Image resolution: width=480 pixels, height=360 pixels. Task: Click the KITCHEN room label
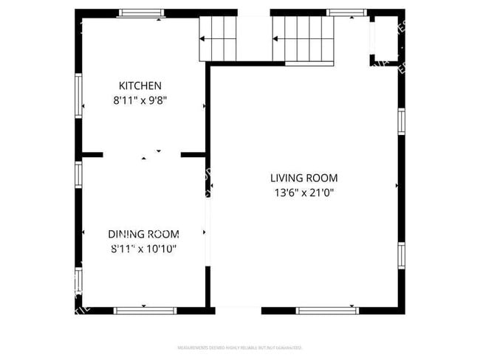(x=140, y=86)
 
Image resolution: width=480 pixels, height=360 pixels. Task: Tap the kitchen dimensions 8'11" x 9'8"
(x=140, y=102)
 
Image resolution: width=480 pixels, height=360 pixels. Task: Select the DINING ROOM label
(x=143, y=234)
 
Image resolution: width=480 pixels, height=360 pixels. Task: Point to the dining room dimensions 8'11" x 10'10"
(x=143, y=249)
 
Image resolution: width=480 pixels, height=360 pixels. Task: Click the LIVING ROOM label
(x=304, y=178)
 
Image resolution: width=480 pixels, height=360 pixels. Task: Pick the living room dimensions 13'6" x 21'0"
(x=304, y=193)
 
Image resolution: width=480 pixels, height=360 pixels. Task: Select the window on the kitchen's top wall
(x=143, y=13)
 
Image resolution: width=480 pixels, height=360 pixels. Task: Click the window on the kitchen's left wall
(x=78, y=95)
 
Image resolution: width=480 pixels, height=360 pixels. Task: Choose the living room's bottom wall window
(x=327, y=310)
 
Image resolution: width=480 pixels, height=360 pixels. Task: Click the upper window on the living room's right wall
(x=401, y=120)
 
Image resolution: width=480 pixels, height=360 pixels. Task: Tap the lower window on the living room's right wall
(x=401, y=255)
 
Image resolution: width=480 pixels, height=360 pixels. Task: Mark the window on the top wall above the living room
(x=347, y=13)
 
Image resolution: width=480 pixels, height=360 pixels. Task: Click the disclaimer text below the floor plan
(x=240, y=347)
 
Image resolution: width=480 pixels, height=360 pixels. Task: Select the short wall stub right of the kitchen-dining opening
(x=193, y=155)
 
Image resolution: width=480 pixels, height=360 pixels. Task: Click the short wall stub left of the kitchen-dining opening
(x=92, y=155)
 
